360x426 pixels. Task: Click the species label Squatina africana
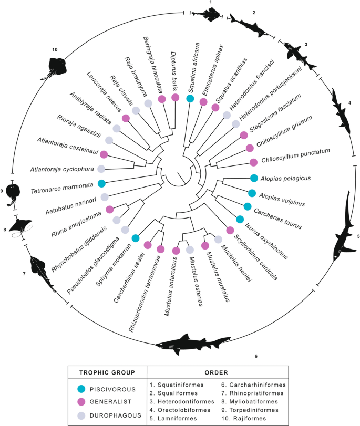[199, 68]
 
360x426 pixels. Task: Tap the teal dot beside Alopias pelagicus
[254, 179]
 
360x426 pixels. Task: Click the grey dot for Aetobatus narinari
[105, 197]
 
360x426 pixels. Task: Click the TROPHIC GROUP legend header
[104, 372]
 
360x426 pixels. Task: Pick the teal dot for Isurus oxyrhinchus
[240, 219]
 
